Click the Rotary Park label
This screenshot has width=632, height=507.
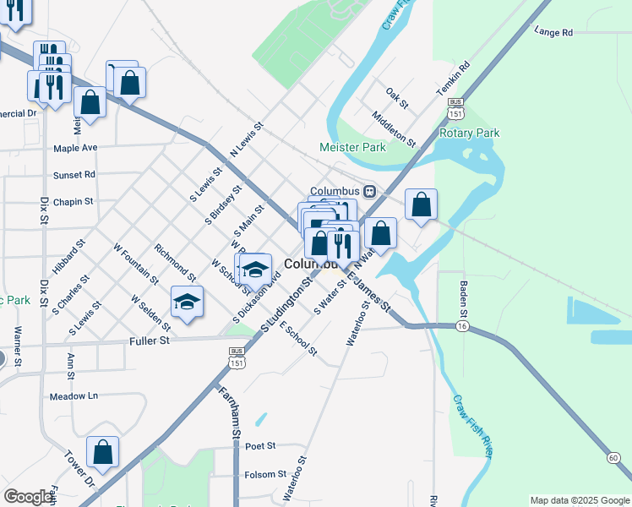click(x=470, y=133)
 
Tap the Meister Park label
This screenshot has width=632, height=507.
click(x=352, y=147)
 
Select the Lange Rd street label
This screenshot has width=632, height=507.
click(x=553, y=32)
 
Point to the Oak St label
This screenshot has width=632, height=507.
click(x=396, y=98)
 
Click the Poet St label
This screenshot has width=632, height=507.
click(x=260, y=445)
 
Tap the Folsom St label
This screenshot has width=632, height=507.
click(x=260, y=475)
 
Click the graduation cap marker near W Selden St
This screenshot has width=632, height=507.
click(x=188, y=302)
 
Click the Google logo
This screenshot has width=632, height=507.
click(x=29, y=497)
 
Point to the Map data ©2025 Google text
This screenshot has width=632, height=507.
click(x=580, y=500)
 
